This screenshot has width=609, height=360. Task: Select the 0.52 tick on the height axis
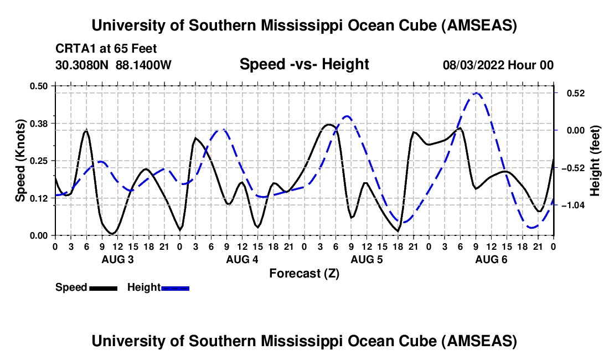[x=571, y=93]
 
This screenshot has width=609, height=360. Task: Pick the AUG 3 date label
[x=116, y=260]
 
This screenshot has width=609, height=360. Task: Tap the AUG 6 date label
[x=491, y=260]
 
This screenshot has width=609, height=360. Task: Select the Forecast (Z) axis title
[x=304, y=273]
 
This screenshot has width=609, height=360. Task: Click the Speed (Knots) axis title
[x=20, y=160]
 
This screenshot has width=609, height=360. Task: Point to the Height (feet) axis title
[x=595, y=160]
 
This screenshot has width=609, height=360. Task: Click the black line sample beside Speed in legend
[x=103, y=288]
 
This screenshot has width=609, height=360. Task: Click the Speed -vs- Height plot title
[x=304, y=64]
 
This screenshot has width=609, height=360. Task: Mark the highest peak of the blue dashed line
[x=475, y=93]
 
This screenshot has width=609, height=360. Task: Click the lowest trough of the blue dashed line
[x=533, y=227]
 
